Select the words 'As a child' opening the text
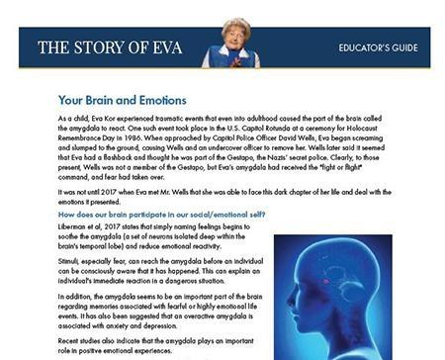60,118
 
